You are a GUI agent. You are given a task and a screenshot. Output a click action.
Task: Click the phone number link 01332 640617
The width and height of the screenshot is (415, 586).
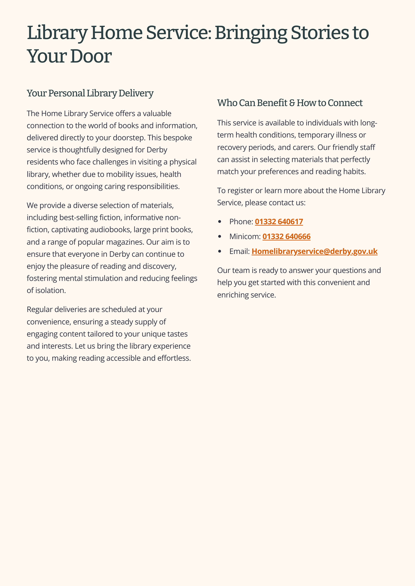279,222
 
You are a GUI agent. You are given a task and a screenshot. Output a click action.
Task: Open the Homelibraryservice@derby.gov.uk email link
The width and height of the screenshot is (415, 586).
314,251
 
